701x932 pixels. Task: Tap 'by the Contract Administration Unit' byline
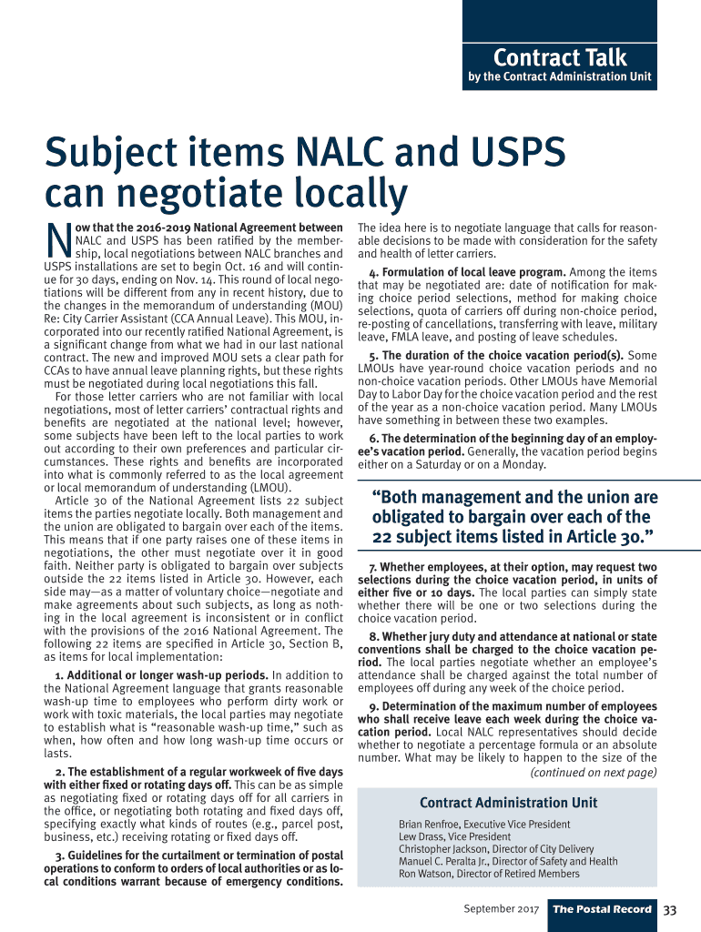click(560, 76)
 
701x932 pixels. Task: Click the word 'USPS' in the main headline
click(506, 152)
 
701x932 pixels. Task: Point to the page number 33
click(670, 909)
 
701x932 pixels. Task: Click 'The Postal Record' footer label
click(603, 909)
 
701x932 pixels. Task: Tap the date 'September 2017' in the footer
click(502, 909)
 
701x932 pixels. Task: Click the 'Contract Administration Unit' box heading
click(508, 803)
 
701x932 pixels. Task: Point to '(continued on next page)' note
click(593, 773)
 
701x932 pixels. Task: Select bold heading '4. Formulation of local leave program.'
click(468, 272)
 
